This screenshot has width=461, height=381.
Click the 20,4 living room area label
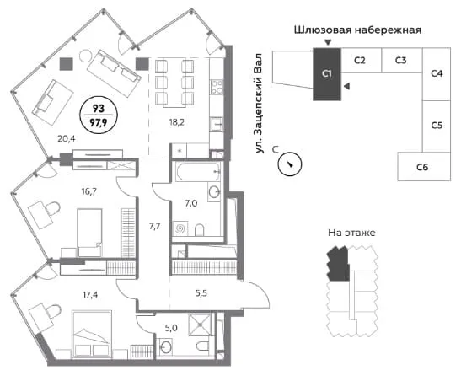(67, 138)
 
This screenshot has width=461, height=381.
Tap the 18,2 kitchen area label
(177, 122)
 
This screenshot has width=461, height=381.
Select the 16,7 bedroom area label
(88, 191)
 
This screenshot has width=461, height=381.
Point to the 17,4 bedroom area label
(90, 294)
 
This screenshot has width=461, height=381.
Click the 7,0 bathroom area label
(191, 203)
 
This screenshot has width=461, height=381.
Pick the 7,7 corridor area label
(154, 226)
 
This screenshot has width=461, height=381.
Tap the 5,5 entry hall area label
(201, 293)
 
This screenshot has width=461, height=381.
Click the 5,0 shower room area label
(171, 328)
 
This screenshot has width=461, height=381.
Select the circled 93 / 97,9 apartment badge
(99, 115)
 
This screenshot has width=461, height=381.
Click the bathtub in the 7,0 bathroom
(197, 171)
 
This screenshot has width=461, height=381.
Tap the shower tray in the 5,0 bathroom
(200, 325)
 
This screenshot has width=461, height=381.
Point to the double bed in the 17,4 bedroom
(92, 334)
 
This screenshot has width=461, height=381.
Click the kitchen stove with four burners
(217, 88)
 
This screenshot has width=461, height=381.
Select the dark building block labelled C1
(327, 74)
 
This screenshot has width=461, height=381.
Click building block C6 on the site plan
(424, 166)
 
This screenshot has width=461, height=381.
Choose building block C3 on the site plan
(402, 60)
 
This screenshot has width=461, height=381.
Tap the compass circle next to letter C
(290, 164)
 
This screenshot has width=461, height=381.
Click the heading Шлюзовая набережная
(357, 30)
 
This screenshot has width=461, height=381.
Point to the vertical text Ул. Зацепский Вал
(259, 103)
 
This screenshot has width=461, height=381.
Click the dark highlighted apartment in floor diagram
(339, 264)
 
